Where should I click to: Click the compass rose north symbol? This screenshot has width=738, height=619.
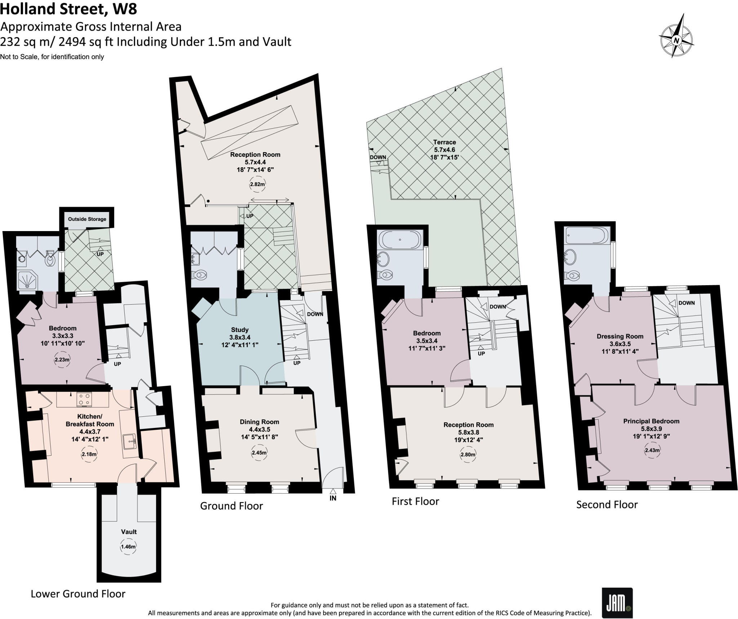pyautogui.click(x=676, y=40)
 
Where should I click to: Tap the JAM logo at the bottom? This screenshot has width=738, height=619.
pyautogui.click(x=617, y=603)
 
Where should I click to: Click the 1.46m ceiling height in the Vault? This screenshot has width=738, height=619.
pyautogui.click(x=128, y=547)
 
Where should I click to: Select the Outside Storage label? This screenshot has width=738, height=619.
pyautogui.click(x=87, y=219)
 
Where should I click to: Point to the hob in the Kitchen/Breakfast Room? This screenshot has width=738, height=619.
pyautogui.click(x=84, y=399)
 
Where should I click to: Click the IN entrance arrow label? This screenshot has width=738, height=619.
pyautogui.click(x=333, y=498)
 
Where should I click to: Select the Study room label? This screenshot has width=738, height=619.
pyautogui.click(x=240, y=330)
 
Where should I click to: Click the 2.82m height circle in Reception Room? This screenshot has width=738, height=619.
pyautogui.click(x=257, y=184)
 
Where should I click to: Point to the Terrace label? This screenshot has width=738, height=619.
pyautogui.click(x=444, y=142)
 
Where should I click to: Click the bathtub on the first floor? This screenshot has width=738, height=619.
pyautogui.click(x=400, y=239)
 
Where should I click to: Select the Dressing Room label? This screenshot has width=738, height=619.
pyautogui.click(x=620, y=336)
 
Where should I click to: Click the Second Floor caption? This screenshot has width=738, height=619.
pyautogui.click(x=607, y=504)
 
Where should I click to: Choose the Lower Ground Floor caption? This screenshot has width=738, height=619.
pyautogui.click(x=78, y=594)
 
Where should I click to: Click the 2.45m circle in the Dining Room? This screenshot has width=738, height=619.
pyautogui.click(x=259, y=453)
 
